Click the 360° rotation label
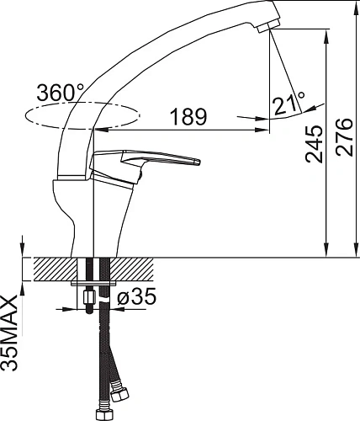pyautogui.click(x=61, y=93)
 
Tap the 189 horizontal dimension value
pyautogui.click(x=188, y=117)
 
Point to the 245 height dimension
pyautogui.click(x=314, y=144)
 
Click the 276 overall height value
pyautogui.click(x=344, y=137)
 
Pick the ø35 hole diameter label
pyautogui.click(x=136, y=296)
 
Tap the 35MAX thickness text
pyautogui.click(x=9, y=333)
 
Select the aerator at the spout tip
pyautogui.click(x=268, y=26)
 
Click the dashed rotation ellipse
pyautogui.click(x=82, y=115)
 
